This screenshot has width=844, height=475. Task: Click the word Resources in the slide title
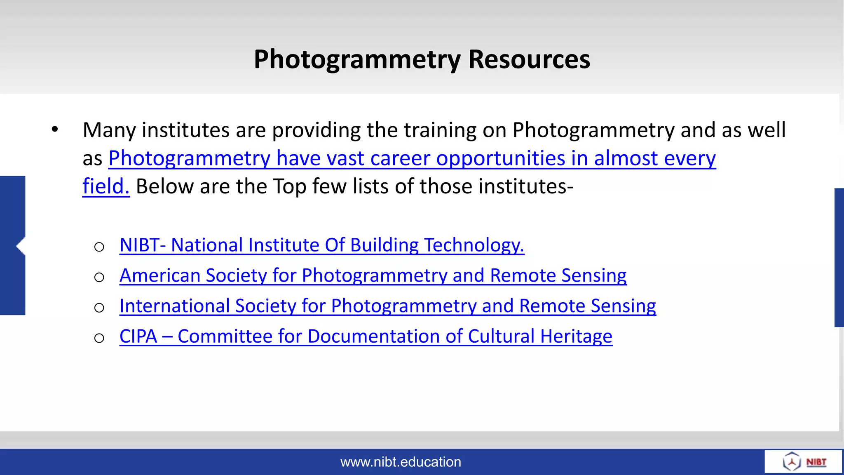[x=529, y=59]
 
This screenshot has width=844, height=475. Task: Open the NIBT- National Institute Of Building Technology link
[x=321, y=245]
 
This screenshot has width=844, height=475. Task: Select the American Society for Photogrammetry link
[x=373, y=276]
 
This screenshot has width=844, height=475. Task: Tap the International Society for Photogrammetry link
[x=387, y=306]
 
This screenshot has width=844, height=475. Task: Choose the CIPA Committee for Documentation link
[x=366, y=337]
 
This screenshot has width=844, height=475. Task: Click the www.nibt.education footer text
[x=401, y=462]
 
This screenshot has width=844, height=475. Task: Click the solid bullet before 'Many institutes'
[x=55, y=129]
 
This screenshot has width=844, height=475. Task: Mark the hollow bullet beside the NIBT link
[x=99, y=247]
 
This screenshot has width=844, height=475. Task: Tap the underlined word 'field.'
[x=106, y=186]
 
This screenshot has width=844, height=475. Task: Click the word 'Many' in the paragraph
[x=109, y=130]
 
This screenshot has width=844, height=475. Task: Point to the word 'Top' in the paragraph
[x=289, y=186]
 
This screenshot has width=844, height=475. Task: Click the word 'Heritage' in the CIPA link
[x=576, y=337]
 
